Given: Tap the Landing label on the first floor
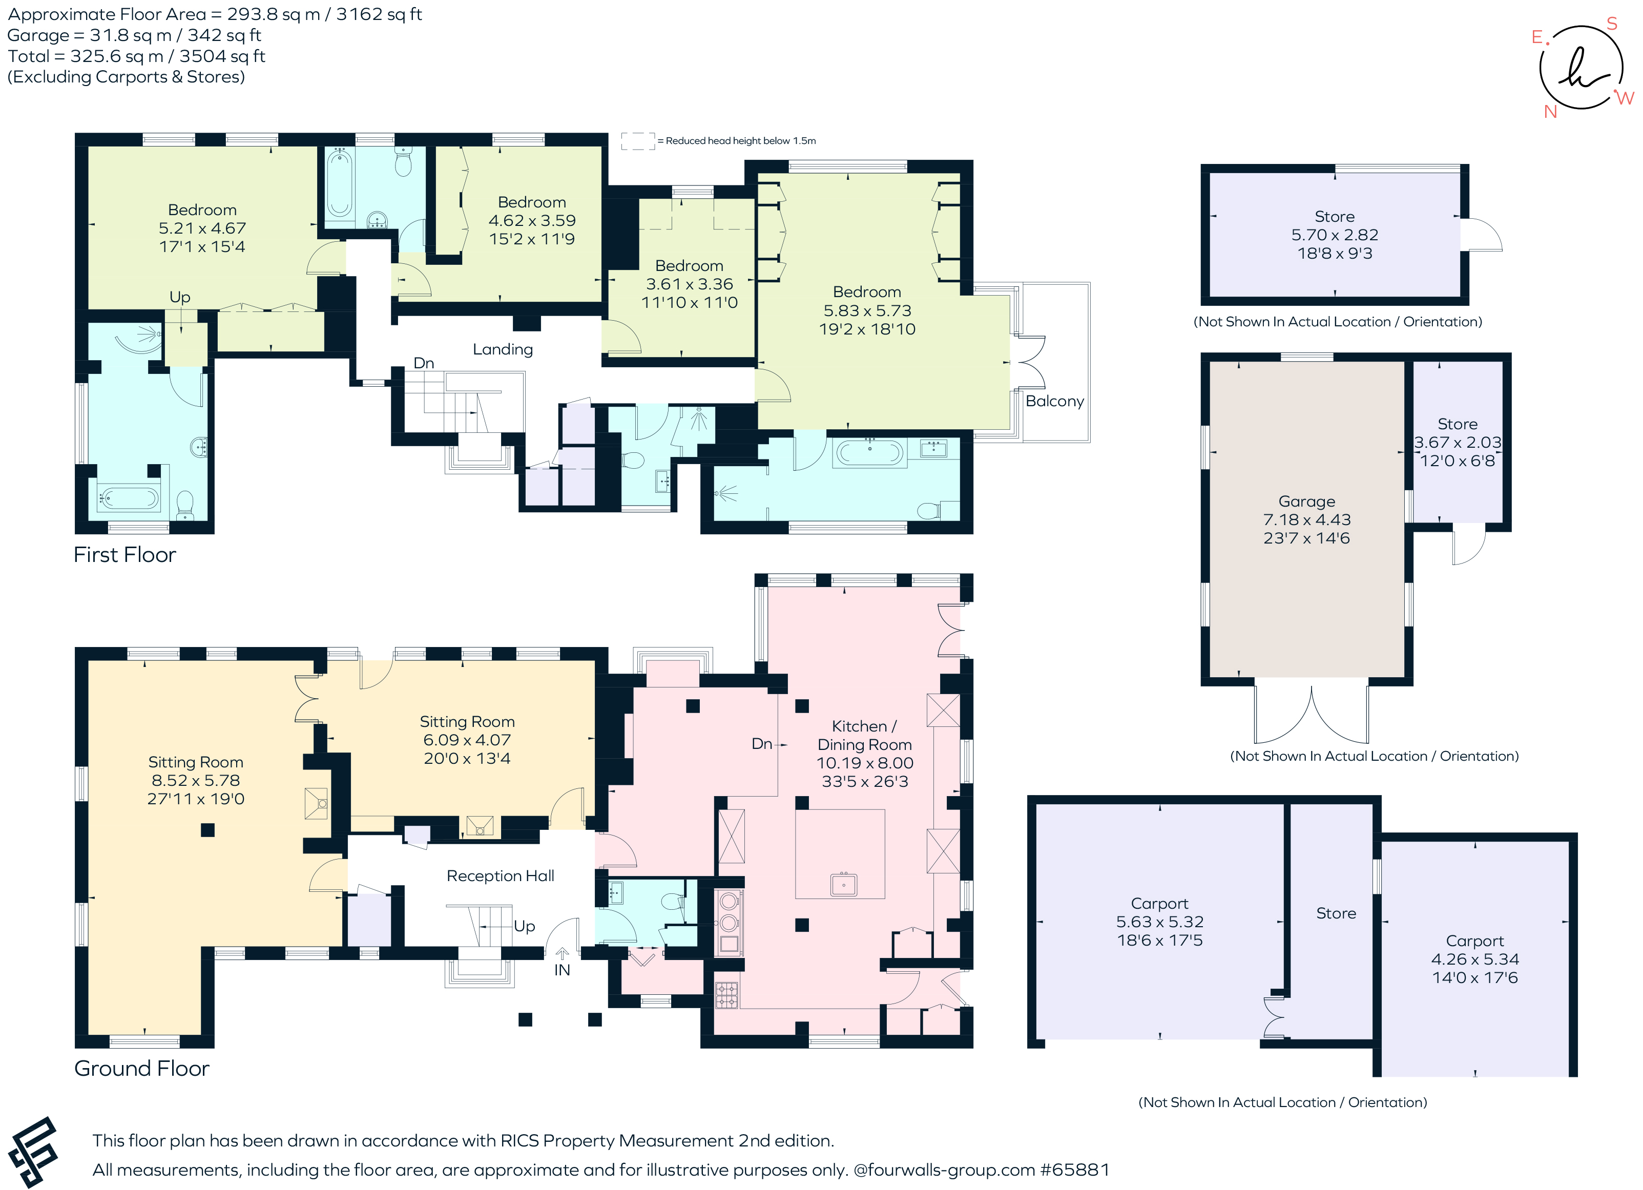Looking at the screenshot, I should point(502,349).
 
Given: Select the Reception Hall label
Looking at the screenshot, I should point(500,875).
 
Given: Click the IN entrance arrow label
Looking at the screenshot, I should point(562,970).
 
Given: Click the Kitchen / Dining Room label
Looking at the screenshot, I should point(864,735).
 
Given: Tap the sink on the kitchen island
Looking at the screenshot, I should point(843,884).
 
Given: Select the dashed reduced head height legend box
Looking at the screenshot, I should point(637,141).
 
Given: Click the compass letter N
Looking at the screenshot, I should point(1550,112).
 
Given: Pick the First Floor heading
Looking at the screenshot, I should point(124,555).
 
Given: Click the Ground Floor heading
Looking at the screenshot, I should point(141,1068).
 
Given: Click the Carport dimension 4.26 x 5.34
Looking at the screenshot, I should point(1474,959).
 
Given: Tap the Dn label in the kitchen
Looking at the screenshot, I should point(761,744).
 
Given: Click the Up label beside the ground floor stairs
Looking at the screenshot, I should point(525,926).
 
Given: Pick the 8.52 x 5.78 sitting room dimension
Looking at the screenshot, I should point(196,780).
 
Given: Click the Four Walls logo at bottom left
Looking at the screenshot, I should point(33,1151).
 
